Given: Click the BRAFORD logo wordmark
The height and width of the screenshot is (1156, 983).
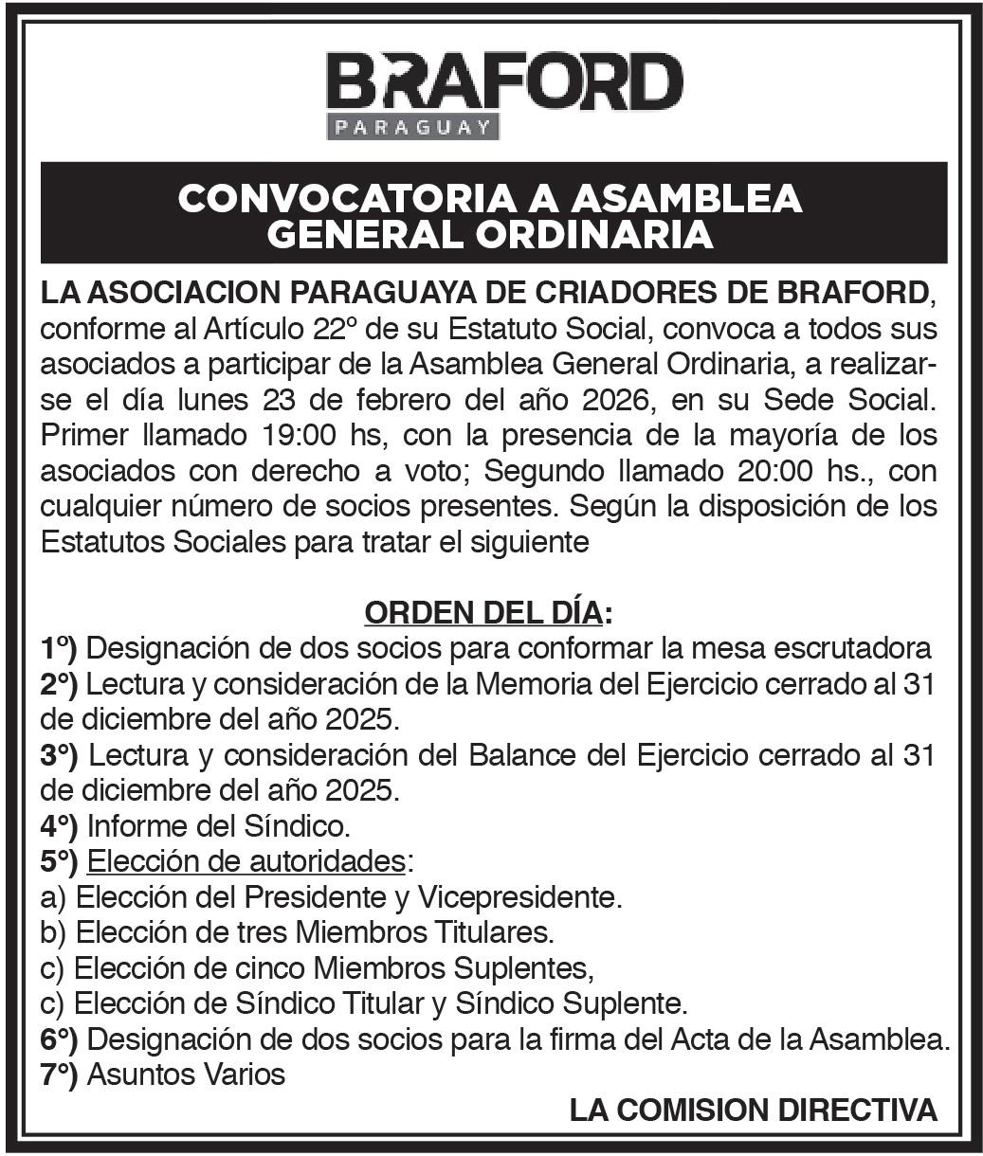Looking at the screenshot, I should [503, 81].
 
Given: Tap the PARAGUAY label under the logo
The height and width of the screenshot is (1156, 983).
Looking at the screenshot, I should [413, 127].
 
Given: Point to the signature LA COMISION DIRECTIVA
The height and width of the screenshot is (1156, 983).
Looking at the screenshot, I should [754, 1111].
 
